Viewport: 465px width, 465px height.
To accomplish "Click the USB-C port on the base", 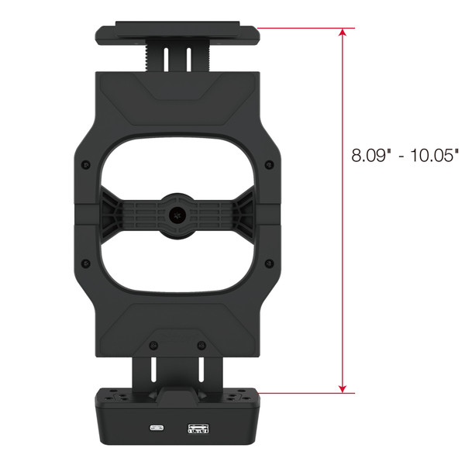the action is (157, 428).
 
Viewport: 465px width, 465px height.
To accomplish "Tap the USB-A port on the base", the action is (198, 429).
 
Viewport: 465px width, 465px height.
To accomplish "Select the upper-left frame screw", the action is (86, 164).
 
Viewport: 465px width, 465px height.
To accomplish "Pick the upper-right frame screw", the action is (269, 164).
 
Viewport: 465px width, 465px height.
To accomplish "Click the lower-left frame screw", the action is (86, 263).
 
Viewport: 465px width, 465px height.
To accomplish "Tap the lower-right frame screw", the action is (269, 263).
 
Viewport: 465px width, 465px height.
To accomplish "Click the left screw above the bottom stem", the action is (153, 345).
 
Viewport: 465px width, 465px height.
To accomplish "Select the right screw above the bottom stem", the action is (201, 345).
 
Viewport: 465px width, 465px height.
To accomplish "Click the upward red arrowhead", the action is (343, 32).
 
